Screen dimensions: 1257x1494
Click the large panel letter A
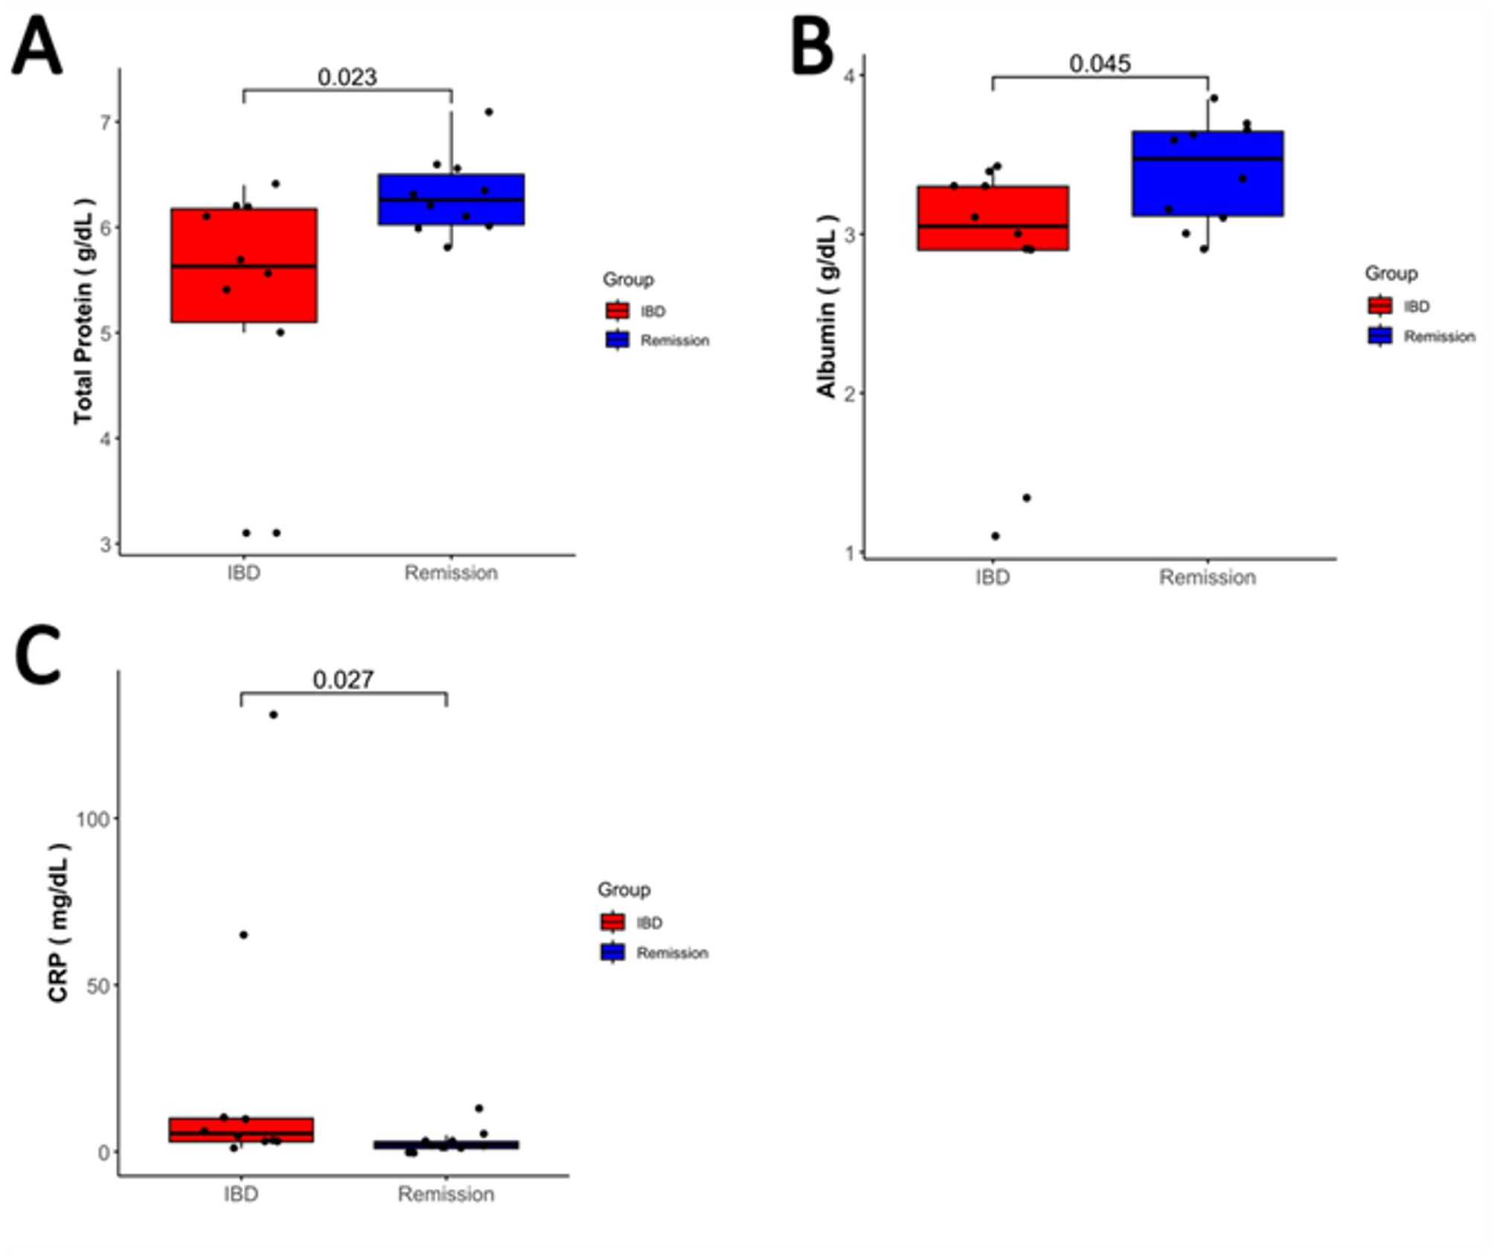[37, 46]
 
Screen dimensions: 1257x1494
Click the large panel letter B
[812, 46]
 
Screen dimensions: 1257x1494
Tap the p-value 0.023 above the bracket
[347, 77]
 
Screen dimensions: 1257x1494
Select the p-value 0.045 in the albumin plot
[1100, 64]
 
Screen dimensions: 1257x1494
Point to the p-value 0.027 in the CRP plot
[343, 679]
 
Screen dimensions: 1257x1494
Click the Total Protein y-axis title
[84, 311]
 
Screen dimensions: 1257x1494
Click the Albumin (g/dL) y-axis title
[827, 306]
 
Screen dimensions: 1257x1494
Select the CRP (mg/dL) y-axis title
[58, 923]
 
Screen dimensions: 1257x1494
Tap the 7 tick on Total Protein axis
[105, 122]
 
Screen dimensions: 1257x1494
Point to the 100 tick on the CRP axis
[92, 819]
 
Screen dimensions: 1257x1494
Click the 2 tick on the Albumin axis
[850, 393]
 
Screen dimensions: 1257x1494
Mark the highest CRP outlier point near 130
[273, 714]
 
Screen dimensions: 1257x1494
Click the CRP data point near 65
[243, 935]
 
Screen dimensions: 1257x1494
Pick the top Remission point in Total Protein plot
[489, 112]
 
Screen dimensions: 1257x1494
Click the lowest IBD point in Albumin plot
[996, 536]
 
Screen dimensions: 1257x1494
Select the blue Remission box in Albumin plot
[1207, 174]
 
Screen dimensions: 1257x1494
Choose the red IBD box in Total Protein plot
[244, 265]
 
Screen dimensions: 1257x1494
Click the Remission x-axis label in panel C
[446, 1194]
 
